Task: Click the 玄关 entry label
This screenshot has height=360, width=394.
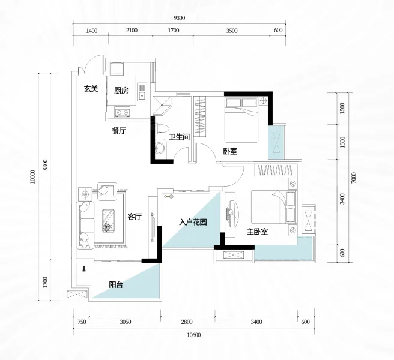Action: [91, 89]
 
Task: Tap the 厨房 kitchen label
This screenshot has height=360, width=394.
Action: [121, 91]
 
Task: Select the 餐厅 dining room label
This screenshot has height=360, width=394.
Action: [118, 131]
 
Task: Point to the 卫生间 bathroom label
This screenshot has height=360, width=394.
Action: [179, 137]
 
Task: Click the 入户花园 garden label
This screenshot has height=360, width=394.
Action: [193, 222]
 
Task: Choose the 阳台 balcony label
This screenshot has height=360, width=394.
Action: [116, 284]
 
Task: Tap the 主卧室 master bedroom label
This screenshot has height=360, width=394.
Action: [257, 232]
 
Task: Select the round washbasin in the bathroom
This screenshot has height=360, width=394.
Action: [160, 148]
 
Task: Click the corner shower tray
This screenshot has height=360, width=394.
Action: [162, 104]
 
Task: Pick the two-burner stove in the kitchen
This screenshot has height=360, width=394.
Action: [123, 112]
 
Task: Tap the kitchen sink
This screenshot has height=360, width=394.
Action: [142, 92]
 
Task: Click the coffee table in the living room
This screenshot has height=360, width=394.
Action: [109, 221]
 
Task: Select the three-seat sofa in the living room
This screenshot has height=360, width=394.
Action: [85, 225]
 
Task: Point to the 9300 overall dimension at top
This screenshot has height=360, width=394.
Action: [179, 18]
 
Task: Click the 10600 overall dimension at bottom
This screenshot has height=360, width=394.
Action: [194, 335]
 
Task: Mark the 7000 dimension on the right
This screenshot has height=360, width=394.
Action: [354, 178]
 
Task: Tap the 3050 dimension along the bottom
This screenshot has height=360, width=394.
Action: [125, 322]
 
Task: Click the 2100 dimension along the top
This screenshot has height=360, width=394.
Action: [132, 31]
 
